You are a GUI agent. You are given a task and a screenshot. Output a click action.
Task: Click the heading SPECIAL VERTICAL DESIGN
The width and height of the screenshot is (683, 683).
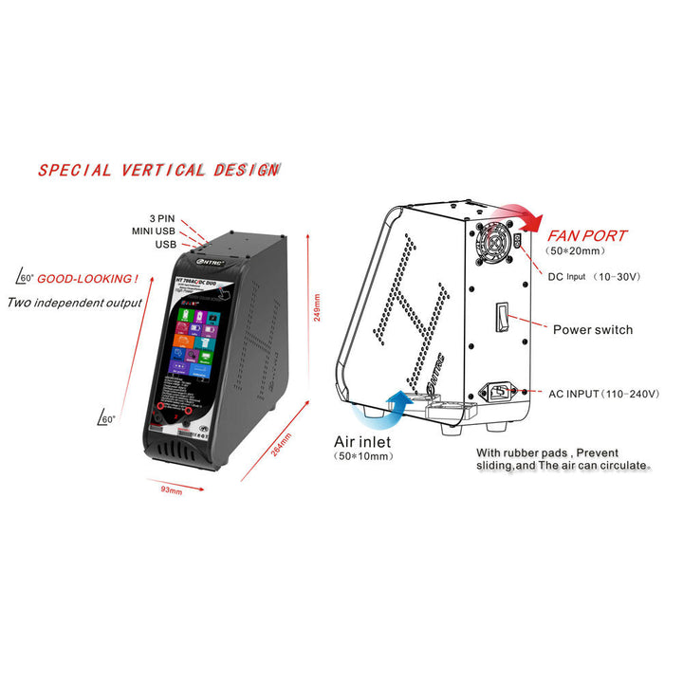pyautogui.click(x=158, y=171)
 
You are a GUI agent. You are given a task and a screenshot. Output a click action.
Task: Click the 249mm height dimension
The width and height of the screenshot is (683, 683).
pyautogui.click(x=318, y=308)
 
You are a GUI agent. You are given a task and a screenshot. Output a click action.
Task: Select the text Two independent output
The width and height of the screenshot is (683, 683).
pyautogui.click(x=75, y=303)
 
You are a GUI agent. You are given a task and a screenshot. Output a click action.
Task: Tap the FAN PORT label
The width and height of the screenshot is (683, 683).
pyautogui.click(x=588, y=234)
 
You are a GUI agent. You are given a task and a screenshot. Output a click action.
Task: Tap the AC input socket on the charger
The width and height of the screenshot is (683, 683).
pyautogui.click(x=502, y=391)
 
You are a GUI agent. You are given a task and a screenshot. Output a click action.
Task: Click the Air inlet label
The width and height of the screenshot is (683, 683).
pyautogui.click(x=369, y=441)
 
